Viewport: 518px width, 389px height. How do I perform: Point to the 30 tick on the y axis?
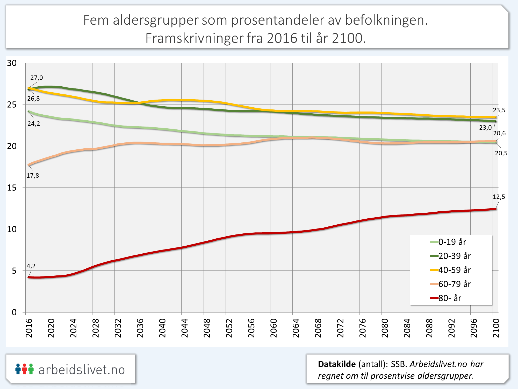[12, 63]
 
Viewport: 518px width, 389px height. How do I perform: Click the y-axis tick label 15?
[12, 187]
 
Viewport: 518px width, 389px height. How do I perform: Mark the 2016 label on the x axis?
[29, 328]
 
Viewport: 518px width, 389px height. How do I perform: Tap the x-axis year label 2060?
[274, 328]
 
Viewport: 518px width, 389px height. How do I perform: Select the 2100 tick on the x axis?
[496, 328]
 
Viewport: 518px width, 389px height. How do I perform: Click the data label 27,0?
[37, 78]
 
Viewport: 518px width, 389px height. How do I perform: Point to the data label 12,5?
[499, 197]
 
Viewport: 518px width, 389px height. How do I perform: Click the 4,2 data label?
[31, 266]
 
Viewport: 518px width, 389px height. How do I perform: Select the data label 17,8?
[33, 176]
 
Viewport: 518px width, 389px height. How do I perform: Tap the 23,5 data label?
[499, 110]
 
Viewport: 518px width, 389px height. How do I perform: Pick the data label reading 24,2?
[34, 124]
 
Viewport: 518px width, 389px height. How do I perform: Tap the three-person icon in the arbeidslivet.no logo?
[25, 369]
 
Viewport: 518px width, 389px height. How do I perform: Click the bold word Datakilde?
[337, 364]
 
